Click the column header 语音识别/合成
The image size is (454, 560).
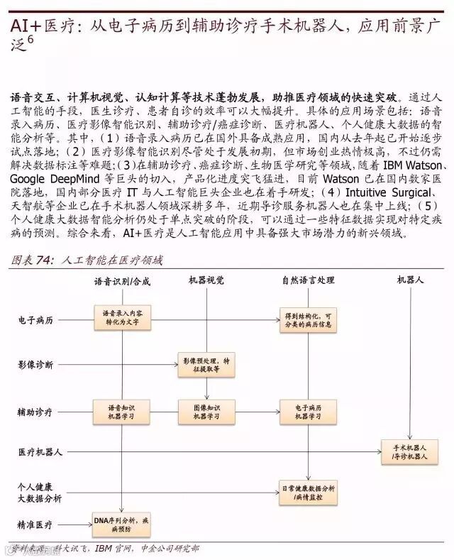click(x=122, y=281)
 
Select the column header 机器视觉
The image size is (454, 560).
click(x=206, y=281)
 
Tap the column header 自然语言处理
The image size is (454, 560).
click(x=308, y=281)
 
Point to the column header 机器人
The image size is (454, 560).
click(x=410, y=281)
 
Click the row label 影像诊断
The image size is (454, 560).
click(x=35, y=365)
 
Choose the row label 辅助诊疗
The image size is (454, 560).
click(x=35, y=412)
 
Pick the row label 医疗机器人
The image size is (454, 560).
click(x=40, y=451)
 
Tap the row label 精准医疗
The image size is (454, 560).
click(x=35, y=525)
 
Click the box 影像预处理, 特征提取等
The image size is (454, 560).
click(x=206, y=365)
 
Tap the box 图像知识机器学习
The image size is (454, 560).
click(x=206, y=412)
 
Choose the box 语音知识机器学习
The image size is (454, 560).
click(x=124, y=412)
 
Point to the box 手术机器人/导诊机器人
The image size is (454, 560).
click(x=410, y=453)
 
